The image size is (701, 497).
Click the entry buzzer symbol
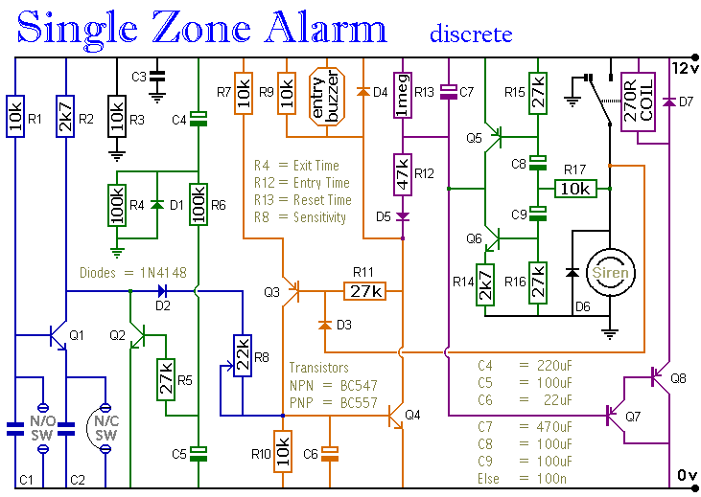(x=327, y=97)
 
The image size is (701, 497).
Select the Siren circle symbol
(x=610, y=272)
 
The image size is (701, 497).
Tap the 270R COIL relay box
(x=638, y=102)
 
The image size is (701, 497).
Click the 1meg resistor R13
(x=403, y=95)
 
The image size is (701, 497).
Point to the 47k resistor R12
(x=403, y=174)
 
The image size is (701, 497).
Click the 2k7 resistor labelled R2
(x=66, y=116)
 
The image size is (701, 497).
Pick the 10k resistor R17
(x=575, y=189)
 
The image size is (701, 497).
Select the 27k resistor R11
(x=364, y=291)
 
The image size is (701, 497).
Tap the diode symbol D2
(x=163, y=291)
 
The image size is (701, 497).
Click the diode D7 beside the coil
(x=668, y=102)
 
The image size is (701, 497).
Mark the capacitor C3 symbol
(x=156, y=77)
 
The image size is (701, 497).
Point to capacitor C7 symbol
(x=449, y=92)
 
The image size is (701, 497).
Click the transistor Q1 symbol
(x=58, y=336)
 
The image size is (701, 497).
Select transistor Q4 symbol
(x=395, y=416)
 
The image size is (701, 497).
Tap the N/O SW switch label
(x=42, y=428)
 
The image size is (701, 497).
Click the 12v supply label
(x=685, y=68)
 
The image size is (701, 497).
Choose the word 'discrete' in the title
(x=471, y=34)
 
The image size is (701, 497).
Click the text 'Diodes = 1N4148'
(x=132, y=272)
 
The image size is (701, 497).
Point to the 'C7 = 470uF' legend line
(x=525, y=426)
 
